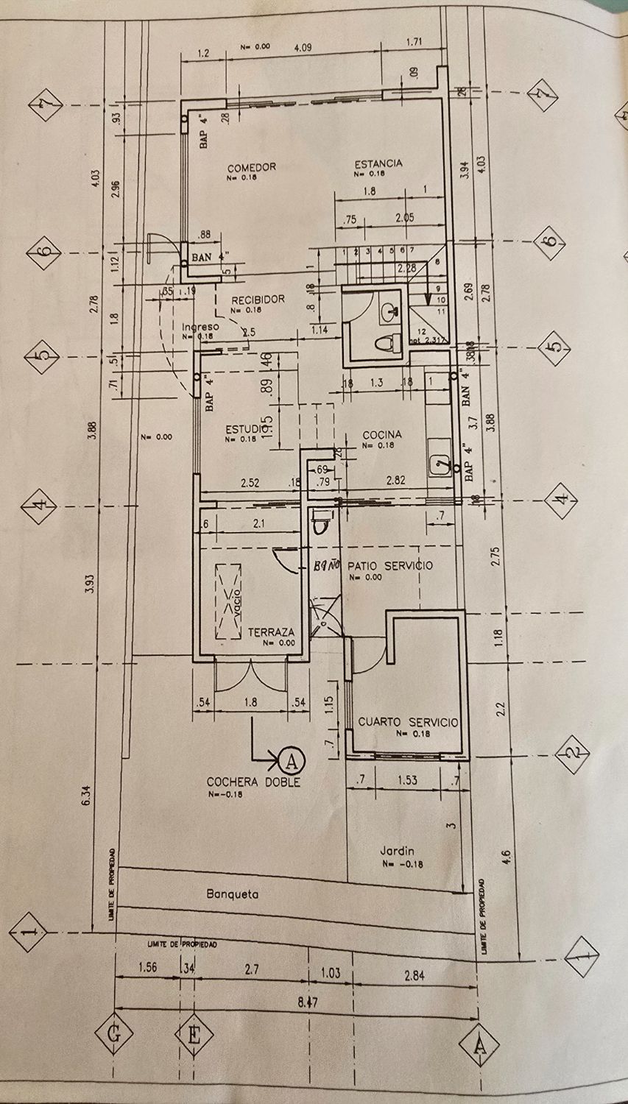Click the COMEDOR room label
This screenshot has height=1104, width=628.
tap(251, 167)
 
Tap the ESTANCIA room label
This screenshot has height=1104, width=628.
tap(378, 163)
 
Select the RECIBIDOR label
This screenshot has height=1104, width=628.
tap(258, 300)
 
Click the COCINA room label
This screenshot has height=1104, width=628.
tap(382, 435)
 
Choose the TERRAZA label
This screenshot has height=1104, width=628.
tap(271, 631)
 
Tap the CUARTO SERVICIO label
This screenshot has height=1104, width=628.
tap(408, 723)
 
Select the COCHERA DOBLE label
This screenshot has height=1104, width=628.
tap(253, 782)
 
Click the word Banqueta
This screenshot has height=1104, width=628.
tap(232, 895)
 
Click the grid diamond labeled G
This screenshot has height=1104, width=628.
tap(113, 1035)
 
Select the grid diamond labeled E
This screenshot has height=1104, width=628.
tap(194, 1035)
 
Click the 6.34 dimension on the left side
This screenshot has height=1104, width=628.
tap(87, 795)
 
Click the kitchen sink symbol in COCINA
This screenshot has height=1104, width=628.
tap(440, 464)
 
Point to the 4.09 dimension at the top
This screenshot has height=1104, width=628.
tap(303, 48)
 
